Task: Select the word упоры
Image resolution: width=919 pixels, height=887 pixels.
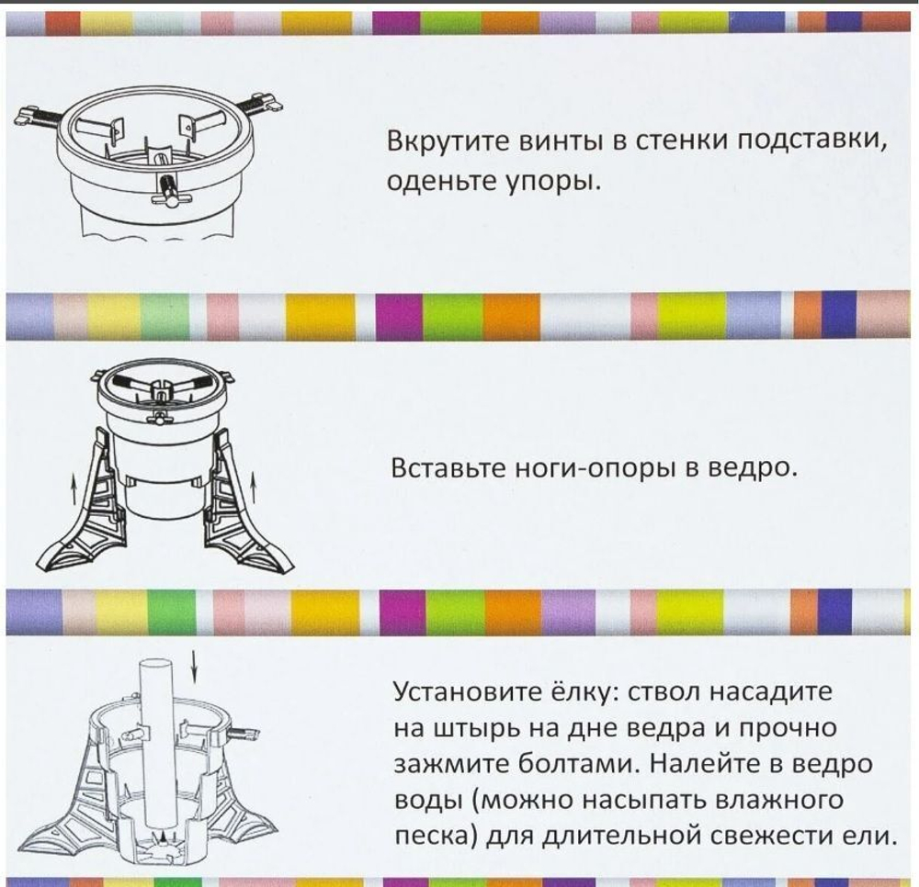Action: coord(553,181)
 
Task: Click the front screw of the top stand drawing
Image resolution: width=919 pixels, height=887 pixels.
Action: coord(168,189)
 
